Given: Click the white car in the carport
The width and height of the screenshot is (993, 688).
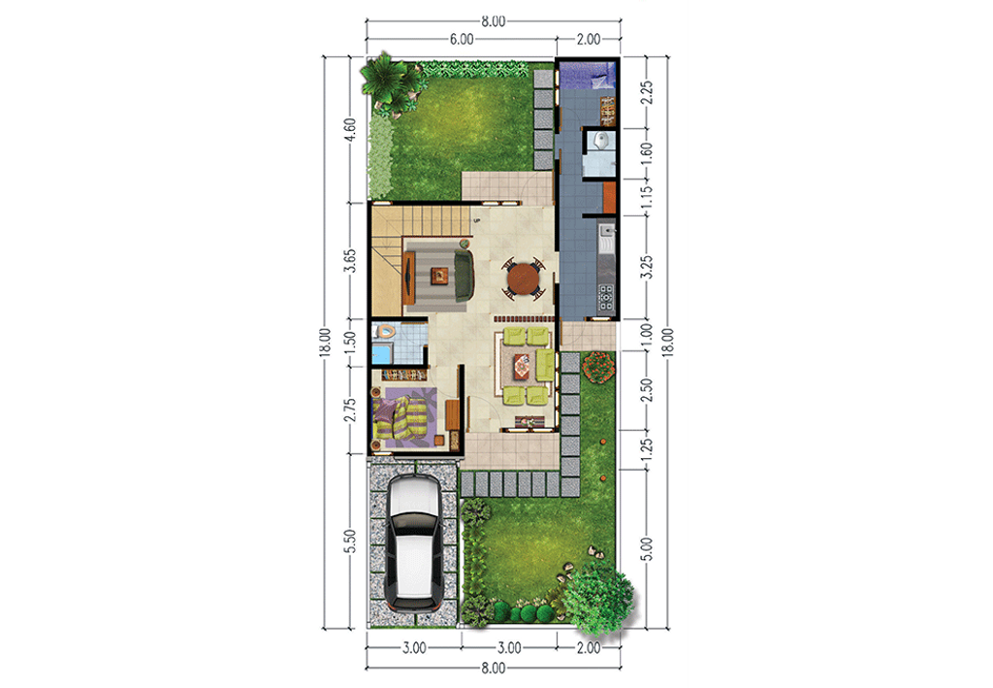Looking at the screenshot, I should coord(413,541).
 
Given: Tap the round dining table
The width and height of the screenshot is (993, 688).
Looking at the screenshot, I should coord(525,278).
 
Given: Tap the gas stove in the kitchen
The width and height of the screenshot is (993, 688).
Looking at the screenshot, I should coord(606,297).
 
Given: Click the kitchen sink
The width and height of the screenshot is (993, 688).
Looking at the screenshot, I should coord(607,234).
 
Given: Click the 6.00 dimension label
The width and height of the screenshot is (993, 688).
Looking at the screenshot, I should coord(461,40).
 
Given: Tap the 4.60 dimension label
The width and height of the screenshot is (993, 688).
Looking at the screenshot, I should coord(350,129).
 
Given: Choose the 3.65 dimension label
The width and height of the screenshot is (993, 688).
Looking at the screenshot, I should coord(350,262).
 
